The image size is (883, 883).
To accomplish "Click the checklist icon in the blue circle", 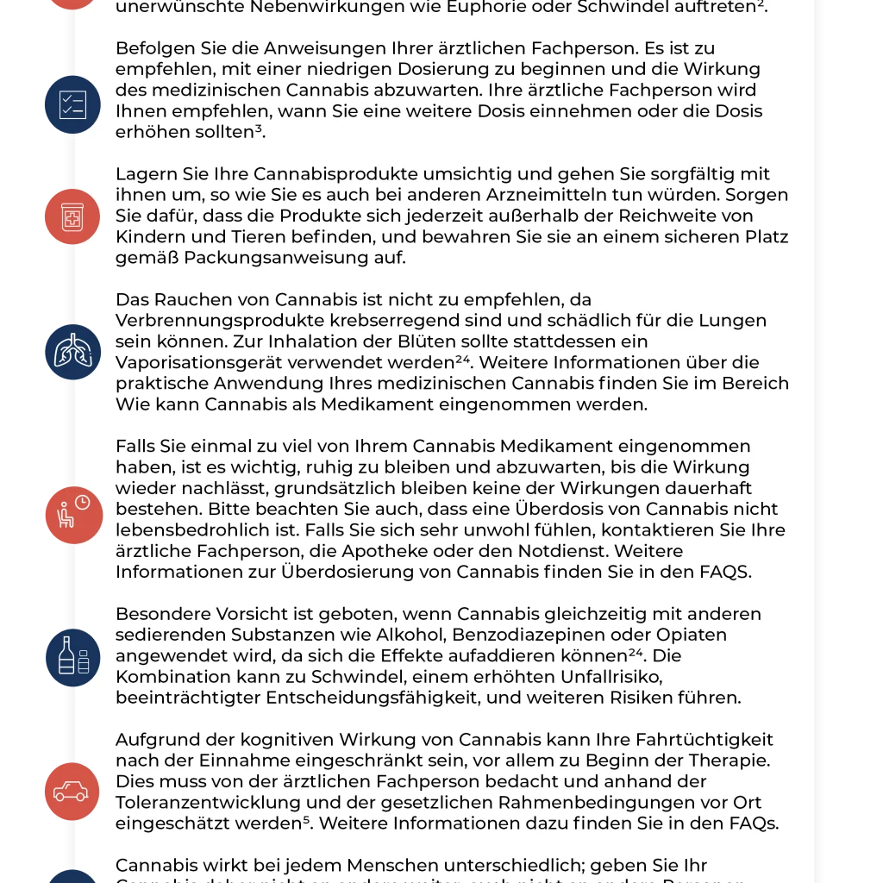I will tap(72, 104).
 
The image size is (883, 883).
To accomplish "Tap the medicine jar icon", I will tap(72, 216).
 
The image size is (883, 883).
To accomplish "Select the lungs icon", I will tap(72, 352).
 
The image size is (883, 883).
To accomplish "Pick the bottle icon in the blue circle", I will tap(72, 656).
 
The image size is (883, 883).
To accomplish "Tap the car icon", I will tap(72, 791).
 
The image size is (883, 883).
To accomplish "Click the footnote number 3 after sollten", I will tap(259, 128).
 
